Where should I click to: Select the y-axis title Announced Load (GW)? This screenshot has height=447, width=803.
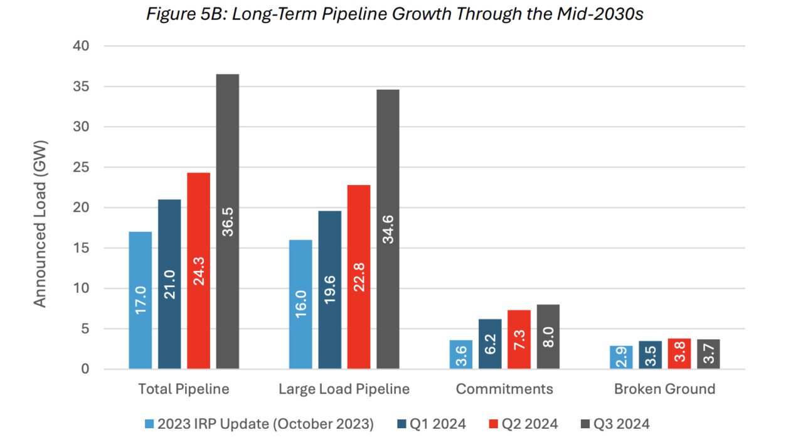coord(40,223)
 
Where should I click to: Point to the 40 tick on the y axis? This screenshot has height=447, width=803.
coord(83,46)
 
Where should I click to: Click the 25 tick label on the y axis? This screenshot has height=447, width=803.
coord(83,167)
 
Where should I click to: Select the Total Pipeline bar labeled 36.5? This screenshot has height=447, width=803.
coord(228,221)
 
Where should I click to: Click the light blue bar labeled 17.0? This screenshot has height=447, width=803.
coord(141,300)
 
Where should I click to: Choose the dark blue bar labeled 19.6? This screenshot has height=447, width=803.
coord(329,290)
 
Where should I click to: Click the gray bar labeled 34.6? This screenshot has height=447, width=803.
coord(388,229)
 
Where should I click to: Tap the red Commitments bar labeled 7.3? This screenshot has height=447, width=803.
coord(519,339)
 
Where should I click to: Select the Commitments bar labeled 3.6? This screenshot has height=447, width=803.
coord(460,354)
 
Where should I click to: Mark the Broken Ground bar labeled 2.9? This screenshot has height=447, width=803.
coord(621,357)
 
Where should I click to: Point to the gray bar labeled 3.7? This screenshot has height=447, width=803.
coord(708,354)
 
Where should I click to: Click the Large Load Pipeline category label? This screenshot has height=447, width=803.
coord(344,389)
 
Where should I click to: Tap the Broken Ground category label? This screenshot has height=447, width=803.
coord(664,389)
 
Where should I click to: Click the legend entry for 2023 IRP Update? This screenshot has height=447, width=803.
coord(258,424)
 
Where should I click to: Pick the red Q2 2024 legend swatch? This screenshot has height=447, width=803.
coord(493,424)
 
